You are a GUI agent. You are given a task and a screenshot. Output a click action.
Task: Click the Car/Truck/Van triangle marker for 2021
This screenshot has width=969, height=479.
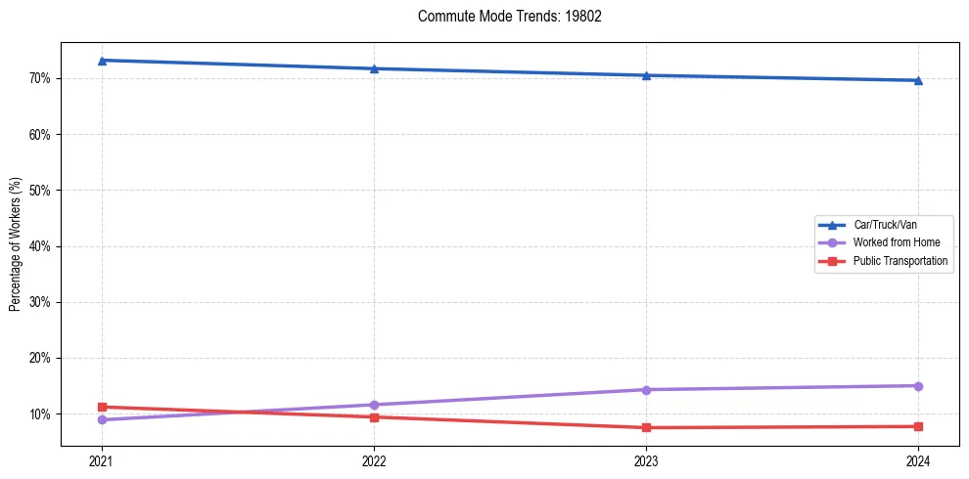102,61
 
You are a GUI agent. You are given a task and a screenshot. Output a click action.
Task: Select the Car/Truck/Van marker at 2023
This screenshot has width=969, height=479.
646,75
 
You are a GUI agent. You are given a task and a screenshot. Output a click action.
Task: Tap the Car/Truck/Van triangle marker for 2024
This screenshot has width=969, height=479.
918,80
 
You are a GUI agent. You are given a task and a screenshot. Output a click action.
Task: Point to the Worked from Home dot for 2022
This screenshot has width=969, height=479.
374,405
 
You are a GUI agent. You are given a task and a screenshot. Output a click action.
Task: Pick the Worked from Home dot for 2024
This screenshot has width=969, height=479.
918,386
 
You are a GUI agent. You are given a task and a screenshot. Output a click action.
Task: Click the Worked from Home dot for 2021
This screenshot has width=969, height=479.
102,419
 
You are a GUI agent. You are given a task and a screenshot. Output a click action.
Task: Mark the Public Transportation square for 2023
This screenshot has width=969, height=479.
646,427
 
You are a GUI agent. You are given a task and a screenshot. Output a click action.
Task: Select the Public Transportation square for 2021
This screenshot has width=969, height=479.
102,407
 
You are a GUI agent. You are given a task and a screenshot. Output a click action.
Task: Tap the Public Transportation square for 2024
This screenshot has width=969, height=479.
918,426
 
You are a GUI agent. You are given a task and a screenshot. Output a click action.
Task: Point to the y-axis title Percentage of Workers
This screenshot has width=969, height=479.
16,244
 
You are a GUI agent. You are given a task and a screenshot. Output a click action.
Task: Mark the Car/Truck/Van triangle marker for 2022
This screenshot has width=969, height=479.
374,68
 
